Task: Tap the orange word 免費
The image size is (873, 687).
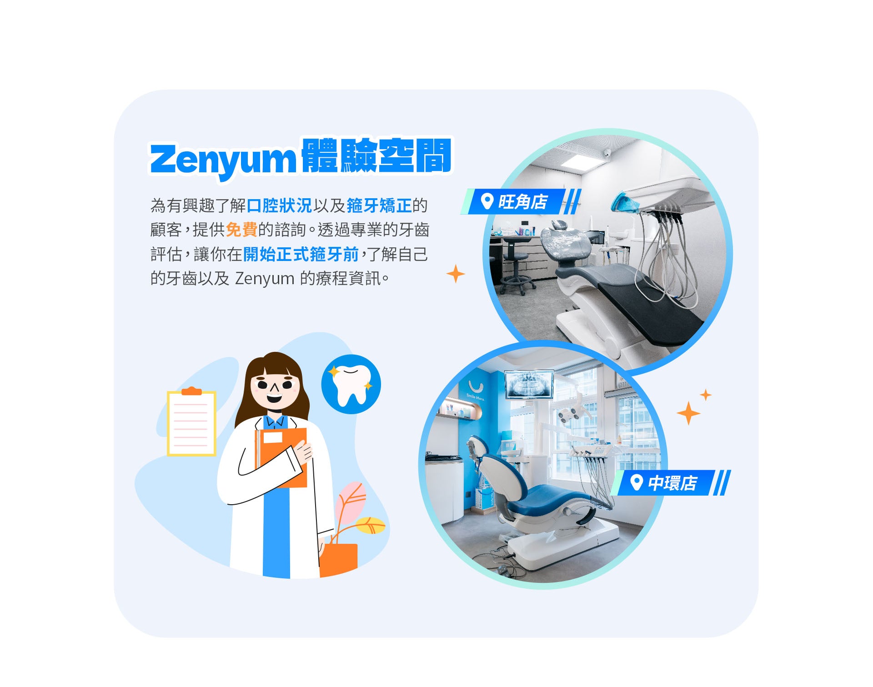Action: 241,230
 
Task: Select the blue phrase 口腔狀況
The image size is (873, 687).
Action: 279,206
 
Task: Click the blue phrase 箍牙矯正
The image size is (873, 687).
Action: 379,206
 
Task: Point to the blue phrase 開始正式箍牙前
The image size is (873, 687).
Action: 301,254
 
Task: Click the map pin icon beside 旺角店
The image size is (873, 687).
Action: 487,201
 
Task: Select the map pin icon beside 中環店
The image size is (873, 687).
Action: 637,482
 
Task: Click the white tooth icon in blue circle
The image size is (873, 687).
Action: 351,385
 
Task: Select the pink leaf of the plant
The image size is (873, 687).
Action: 351,502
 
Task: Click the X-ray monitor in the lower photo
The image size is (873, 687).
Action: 529,385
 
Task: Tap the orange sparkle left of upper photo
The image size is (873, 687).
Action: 456,274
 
